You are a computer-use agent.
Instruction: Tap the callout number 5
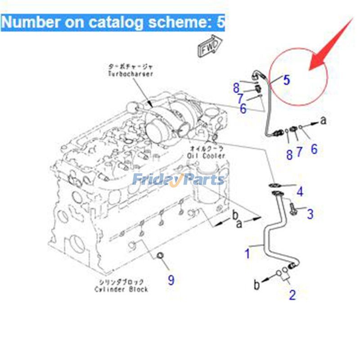click(x=286, y=81)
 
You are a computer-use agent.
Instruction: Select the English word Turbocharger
click(x=130, y=74)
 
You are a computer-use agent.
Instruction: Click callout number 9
click(x=171, y=280)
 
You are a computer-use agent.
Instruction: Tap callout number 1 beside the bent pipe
click(x=247, y=253)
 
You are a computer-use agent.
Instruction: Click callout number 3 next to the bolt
click(x=310, y=214)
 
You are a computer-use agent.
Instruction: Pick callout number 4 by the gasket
click(x=300, y=192)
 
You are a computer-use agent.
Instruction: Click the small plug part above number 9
click(x=159, y=256)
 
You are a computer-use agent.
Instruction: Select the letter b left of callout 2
click(x=256, y=284)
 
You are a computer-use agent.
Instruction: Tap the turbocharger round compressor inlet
click(x=156, y=133)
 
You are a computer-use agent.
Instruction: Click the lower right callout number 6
click(x=314, y=149)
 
